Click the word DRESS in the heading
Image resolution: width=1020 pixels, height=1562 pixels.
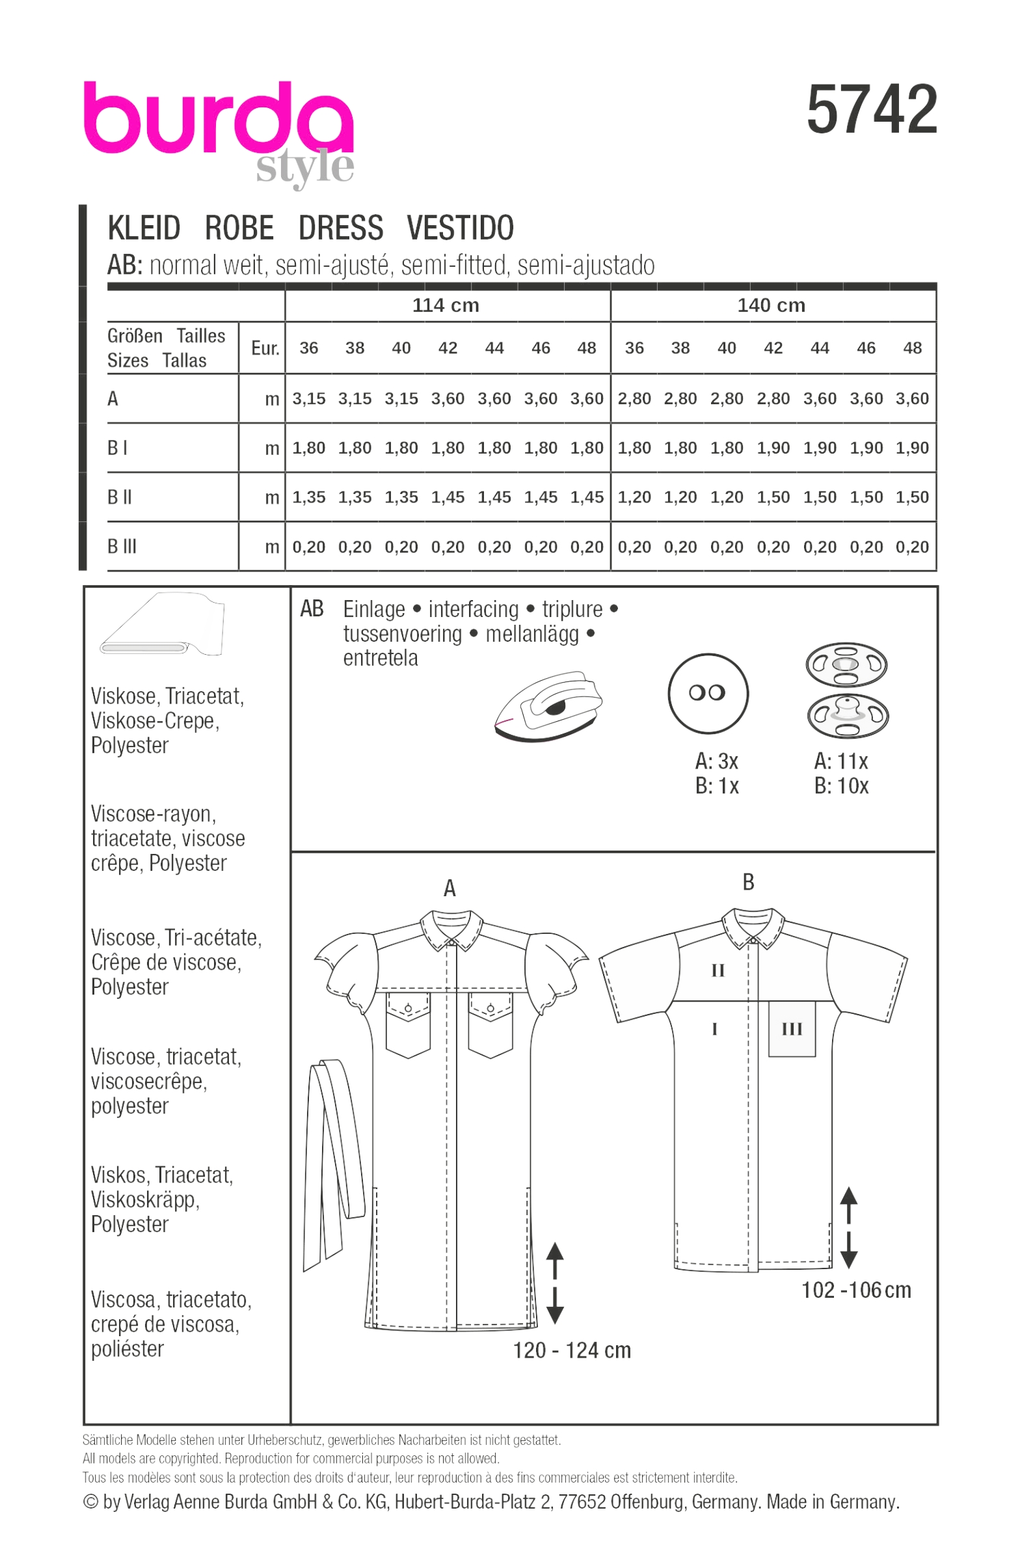pos(340,228)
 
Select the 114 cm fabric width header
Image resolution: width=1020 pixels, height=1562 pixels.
pos(446,305)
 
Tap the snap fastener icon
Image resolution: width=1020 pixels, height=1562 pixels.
pos(846,691)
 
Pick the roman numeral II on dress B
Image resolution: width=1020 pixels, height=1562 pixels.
pos(718,970)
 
